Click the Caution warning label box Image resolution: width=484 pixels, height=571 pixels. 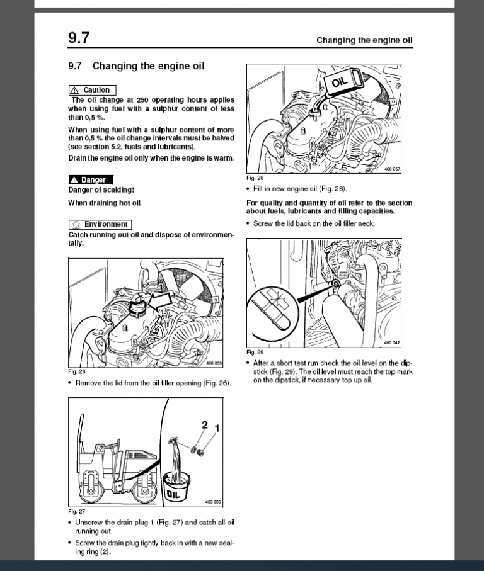click(x=93, y=90)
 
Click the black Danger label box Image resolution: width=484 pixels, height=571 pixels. click(x=90, y=180)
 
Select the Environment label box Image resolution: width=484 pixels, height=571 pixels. click(x=100, y=224)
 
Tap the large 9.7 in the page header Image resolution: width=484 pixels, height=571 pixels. click(x=79, y=38)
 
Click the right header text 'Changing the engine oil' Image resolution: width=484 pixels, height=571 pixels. click(x=364, y=40)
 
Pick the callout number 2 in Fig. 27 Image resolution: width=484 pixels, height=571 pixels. click(x=204, y=425)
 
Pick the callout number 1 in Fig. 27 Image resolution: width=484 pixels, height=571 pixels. click(x=217, y=429)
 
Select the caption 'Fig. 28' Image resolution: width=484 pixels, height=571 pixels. click(x=255, y=178)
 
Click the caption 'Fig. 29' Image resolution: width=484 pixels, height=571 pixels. click(x=255, y=353)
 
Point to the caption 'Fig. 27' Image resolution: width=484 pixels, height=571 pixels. click(x=76, y=512)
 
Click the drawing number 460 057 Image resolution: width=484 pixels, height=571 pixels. click(x=391, y=169)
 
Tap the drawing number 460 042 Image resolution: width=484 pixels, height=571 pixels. click(x=391, y=342)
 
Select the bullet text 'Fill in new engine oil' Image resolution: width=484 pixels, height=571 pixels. click(x=299, y=189)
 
